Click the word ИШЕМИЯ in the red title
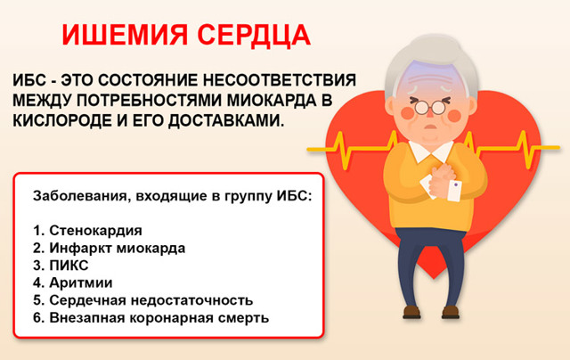[x=125, y=36]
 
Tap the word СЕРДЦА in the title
[x=254, y=36]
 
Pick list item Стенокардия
[x=95, y=231]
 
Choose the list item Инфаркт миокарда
[x=117, y=248]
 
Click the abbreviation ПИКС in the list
[x=69, y=266]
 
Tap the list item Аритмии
[x=81, y=282]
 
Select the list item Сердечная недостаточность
[x=151, y=300]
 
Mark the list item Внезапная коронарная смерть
[x=159, y=318]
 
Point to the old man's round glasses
[x=430, y=107]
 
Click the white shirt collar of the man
[x=431, y=151]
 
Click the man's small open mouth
[x=431, y=127]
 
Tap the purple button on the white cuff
[x=456, y=185]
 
